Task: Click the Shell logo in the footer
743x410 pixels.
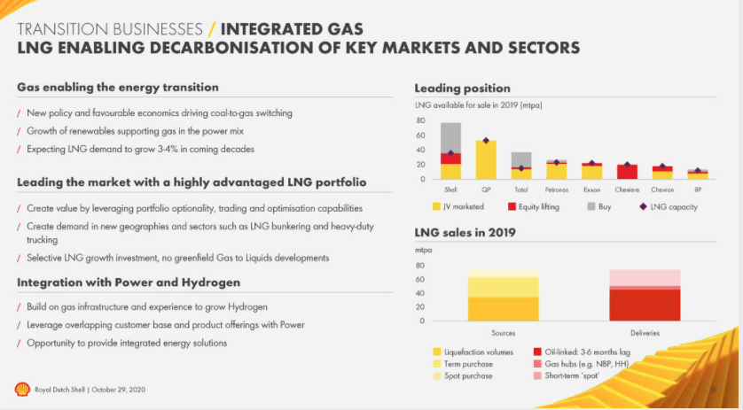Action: click(21, 389)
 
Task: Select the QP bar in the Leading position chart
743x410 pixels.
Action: click(485, 159)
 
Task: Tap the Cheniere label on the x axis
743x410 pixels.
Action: click(627, 190)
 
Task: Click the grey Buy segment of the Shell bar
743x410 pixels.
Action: click(450, 137)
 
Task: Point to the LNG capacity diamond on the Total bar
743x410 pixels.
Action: click(520, 168)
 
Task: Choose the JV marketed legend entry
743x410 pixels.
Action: click(456, 207)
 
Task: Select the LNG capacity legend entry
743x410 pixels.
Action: click(669, 207)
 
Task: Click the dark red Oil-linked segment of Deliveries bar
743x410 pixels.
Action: click(645, 305)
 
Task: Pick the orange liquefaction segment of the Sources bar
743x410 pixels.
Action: click(503, 308)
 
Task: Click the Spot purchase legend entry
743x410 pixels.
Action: click(469, 375)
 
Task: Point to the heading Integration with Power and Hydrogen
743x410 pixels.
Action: click(128, 282)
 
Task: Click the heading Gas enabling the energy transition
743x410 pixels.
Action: click(117, 88)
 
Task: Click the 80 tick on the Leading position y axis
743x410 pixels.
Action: click(421, 122)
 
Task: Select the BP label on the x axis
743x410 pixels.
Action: click(699, 190)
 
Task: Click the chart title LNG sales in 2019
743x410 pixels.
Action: click(465, 233)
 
